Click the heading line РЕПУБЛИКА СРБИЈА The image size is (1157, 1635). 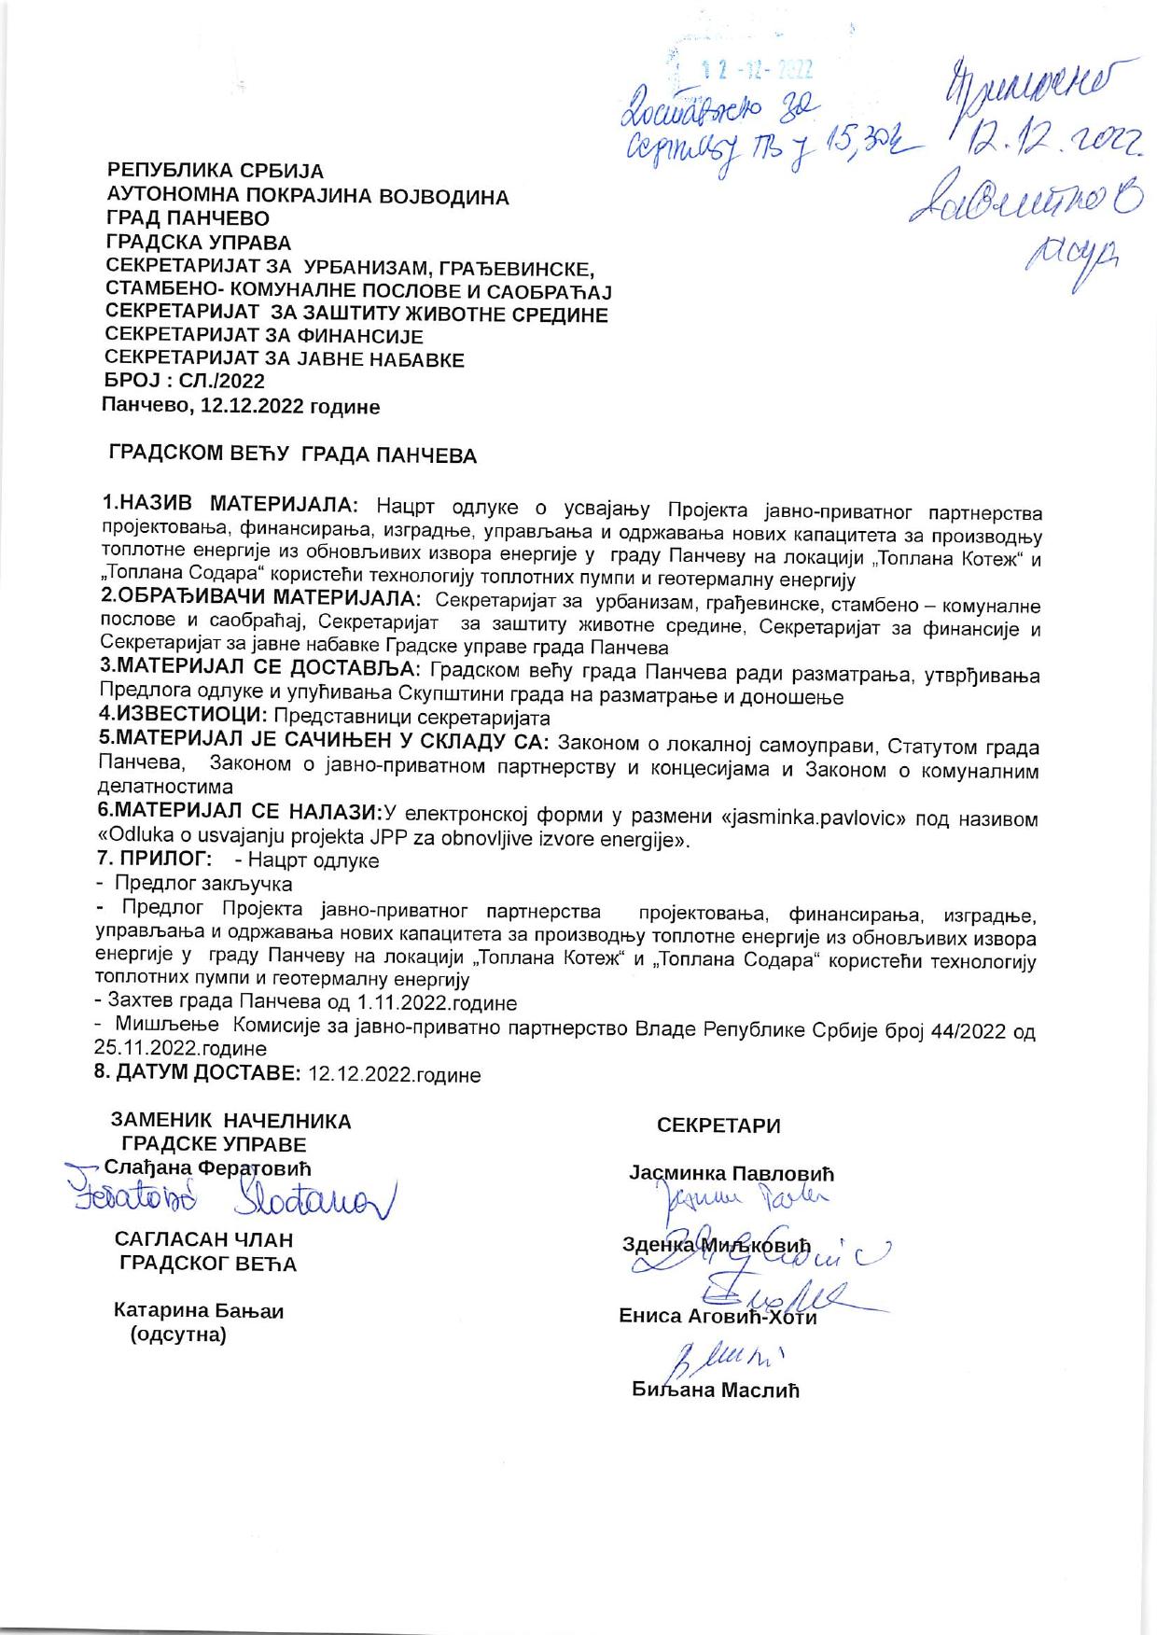pyautogui.click(x=216, y=172)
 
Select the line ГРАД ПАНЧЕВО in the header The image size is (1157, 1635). pyautogui.click(x=188, y=219)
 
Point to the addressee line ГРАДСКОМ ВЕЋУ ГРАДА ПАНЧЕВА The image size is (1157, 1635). pyautogui.click(x=293, y=455)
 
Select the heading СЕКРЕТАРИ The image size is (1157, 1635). pyautogui.click(x=718, y=1125)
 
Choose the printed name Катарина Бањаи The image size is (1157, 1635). pyautogui.click(x=199, y=1310)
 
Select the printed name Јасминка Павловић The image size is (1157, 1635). pyautogui.click(x=732, y=1173)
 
